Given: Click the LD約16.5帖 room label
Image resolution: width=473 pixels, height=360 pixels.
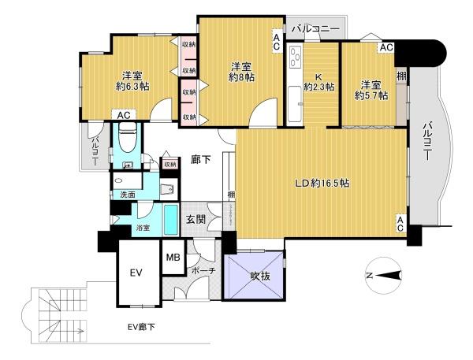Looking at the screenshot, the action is pos(322,183).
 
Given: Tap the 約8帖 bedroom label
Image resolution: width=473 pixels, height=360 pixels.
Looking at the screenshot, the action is pos(242,72).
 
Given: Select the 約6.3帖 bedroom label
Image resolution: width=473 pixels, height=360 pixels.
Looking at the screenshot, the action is pos(132,81).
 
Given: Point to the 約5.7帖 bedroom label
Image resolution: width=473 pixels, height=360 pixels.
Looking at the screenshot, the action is pos(371,91).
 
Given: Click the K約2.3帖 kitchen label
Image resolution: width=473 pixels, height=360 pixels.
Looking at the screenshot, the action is pos(318,82).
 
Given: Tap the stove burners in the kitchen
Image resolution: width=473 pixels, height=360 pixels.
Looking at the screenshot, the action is pos(294,57).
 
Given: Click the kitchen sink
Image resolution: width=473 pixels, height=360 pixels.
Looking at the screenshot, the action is pos(294,103).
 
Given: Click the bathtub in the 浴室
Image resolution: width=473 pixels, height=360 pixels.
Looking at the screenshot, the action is pos(170,219).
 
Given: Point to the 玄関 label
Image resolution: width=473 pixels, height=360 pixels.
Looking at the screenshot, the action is pos(196,220).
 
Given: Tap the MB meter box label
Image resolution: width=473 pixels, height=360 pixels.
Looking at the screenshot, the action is pos(173,257).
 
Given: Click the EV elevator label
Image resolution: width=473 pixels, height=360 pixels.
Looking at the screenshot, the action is pos(136,273).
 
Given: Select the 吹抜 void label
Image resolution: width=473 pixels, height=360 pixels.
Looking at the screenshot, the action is pos(260,276).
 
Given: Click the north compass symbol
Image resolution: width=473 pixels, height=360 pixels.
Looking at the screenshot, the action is pos(384,275).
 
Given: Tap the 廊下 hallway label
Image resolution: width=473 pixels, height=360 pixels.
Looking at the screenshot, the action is pos(200,159).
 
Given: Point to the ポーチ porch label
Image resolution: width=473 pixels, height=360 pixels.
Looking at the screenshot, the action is pos(203,270).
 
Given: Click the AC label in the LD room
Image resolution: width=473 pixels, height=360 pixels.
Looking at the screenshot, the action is pos(400,224).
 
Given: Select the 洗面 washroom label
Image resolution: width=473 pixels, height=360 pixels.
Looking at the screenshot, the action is pos(127,195).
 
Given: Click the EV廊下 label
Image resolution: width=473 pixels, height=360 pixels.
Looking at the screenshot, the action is pos(141,327).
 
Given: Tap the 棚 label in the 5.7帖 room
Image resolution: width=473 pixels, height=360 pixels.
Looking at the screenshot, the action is pos(401,76).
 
